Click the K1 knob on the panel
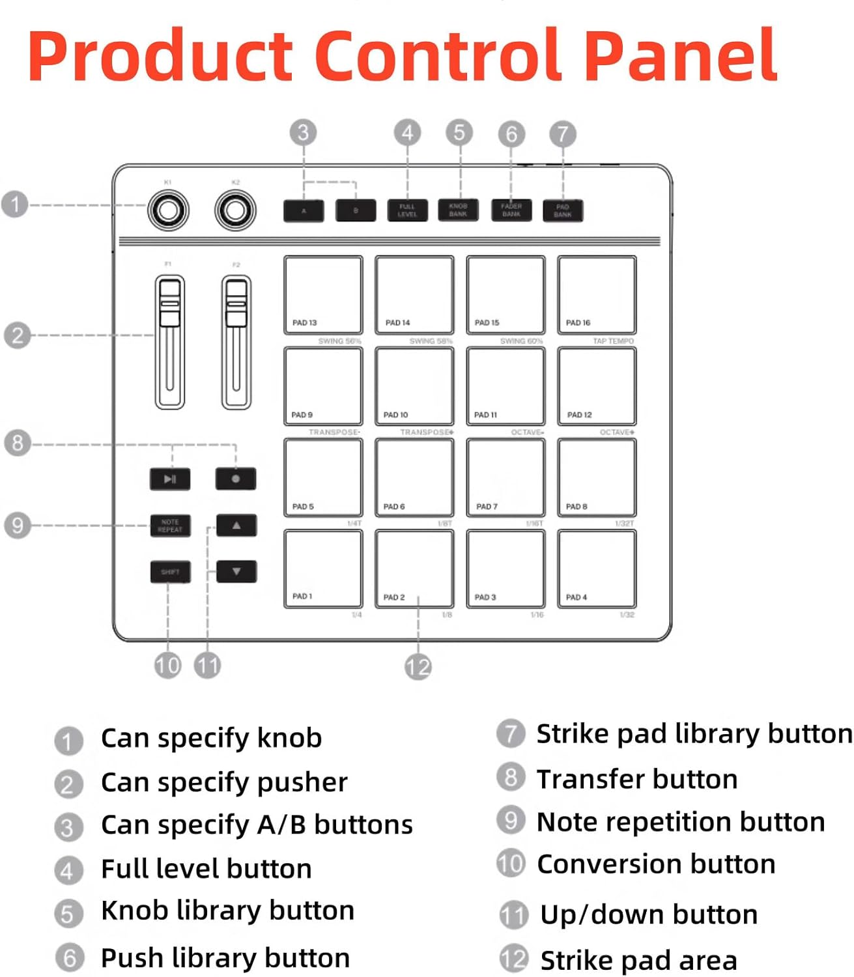point(168,210)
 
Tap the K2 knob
point(235,210)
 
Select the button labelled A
point(304,210)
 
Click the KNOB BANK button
point(458,210)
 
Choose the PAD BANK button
point(563,210)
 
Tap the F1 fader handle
point(169,304)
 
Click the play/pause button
point(170,479)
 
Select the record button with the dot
point(236,479)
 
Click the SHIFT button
point(170,572)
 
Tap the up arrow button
point(236,525)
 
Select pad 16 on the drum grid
point(597,295)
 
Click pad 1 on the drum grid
point(323,569)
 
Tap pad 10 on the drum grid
point(414,386)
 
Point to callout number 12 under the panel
point(418,666)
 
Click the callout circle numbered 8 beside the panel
point(17,443)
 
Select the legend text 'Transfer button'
point(636,779)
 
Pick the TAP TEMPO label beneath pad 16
point(613,341)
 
